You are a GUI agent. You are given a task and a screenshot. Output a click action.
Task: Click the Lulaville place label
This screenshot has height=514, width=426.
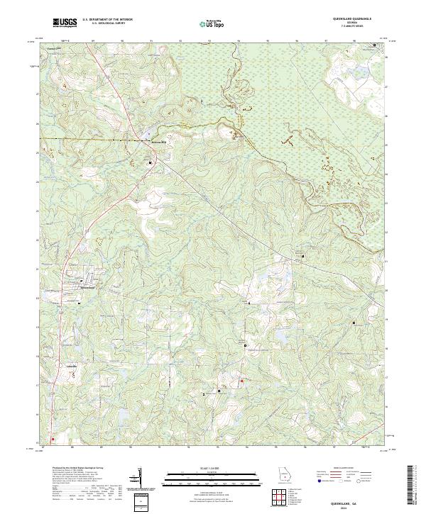click(x=72, y=366)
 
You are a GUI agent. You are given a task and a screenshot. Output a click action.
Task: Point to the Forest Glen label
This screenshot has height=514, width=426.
click(x=50, y=49)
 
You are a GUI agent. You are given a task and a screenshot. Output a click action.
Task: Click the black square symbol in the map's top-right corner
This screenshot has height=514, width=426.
click(x=376, y=45)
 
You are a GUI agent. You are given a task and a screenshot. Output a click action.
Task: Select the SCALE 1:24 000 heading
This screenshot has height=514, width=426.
click(x=207, y=469)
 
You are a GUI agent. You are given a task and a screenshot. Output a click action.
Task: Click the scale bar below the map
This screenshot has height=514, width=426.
click(x=207, y=479)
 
